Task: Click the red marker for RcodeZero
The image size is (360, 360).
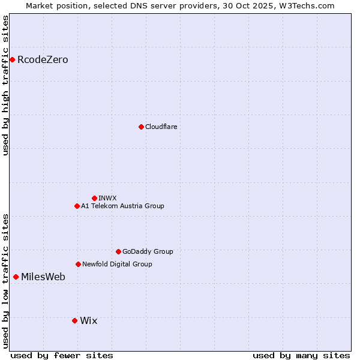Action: (x=12, y=59)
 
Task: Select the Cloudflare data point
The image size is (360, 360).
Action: (x=141, y=127)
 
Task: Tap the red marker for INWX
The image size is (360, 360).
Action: (x=94, y=198)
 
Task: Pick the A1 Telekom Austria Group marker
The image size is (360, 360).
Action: (x=77, y=206)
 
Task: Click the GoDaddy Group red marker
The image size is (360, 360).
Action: (x=118, y=251)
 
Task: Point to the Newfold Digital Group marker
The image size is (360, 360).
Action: (x=78, y=264)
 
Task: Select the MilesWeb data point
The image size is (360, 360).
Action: (x=16, y=277)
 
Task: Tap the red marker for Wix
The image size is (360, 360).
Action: (x=74, y=320)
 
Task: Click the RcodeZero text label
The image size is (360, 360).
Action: (x=43, y=59)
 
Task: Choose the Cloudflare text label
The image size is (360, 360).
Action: (x=161, y=127)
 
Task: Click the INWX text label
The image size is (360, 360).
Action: (x=107, y=198)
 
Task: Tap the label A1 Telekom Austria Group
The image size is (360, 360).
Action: (x=122, y=206)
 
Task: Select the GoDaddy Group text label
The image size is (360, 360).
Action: (x=148, y=251)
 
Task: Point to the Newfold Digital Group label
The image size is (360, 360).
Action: (x=117, y=264)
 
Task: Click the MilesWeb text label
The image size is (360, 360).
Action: (x=43, y=277)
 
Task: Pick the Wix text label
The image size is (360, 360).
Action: (x=88, y=320)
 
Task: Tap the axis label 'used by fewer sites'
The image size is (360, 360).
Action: (x=62, y=355)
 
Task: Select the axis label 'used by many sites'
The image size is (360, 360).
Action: (x=301, y=355)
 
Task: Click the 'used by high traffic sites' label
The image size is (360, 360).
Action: (x=5, y=85)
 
